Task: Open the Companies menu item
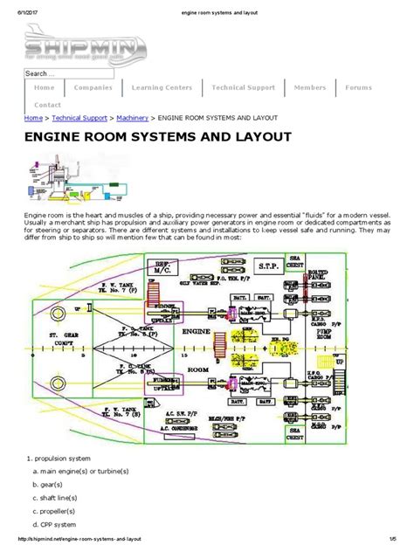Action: point(93,87)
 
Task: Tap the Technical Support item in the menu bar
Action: point(243,87)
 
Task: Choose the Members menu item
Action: point(310,87)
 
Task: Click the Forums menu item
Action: point(358,87)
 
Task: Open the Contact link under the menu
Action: point(47,104)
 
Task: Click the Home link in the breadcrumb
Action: point(33,117)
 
